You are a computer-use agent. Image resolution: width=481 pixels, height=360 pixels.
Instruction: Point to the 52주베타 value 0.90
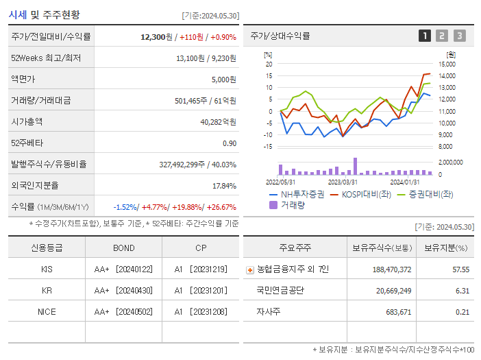(229, 143)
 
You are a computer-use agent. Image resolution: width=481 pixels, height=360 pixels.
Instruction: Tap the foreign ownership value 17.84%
(224, 186)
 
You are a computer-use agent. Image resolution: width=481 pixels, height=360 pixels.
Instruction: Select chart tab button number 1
(425, 36)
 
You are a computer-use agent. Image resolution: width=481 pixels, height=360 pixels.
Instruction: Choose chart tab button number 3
(459, 36)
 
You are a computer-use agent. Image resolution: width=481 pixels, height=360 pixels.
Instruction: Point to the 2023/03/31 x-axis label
(343, 182)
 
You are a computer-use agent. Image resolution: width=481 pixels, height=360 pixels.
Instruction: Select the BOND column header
(124, 248)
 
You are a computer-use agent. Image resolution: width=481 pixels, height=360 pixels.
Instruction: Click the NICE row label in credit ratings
(47, 312)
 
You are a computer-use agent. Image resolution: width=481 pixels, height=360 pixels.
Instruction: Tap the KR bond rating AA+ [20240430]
(124, 291)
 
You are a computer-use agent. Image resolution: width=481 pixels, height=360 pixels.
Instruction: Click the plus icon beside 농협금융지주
(249, 270)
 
